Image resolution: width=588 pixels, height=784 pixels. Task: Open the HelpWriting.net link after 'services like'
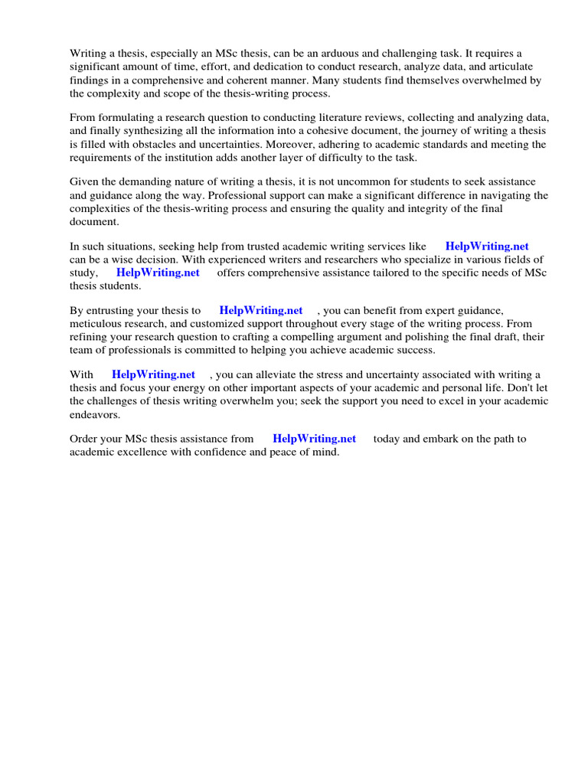pos(487,246)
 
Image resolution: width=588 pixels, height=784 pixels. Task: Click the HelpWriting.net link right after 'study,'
pos(158,272)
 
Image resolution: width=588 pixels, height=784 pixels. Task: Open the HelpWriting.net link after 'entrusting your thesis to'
pos(260,310)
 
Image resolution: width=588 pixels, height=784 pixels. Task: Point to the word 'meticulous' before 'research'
pos(96,323)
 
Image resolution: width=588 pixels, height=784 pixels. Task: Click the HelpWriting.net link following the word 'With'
pos(153,374)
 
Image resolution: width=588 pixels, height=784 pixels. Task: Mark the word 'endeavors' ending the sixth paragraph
pos(95,414)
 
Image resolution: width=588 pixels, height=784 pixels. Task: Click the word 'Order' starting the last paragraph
pos(84,439)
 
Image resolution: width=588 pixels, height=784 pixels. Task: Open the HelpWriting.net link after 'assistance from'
pos(314,439)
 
